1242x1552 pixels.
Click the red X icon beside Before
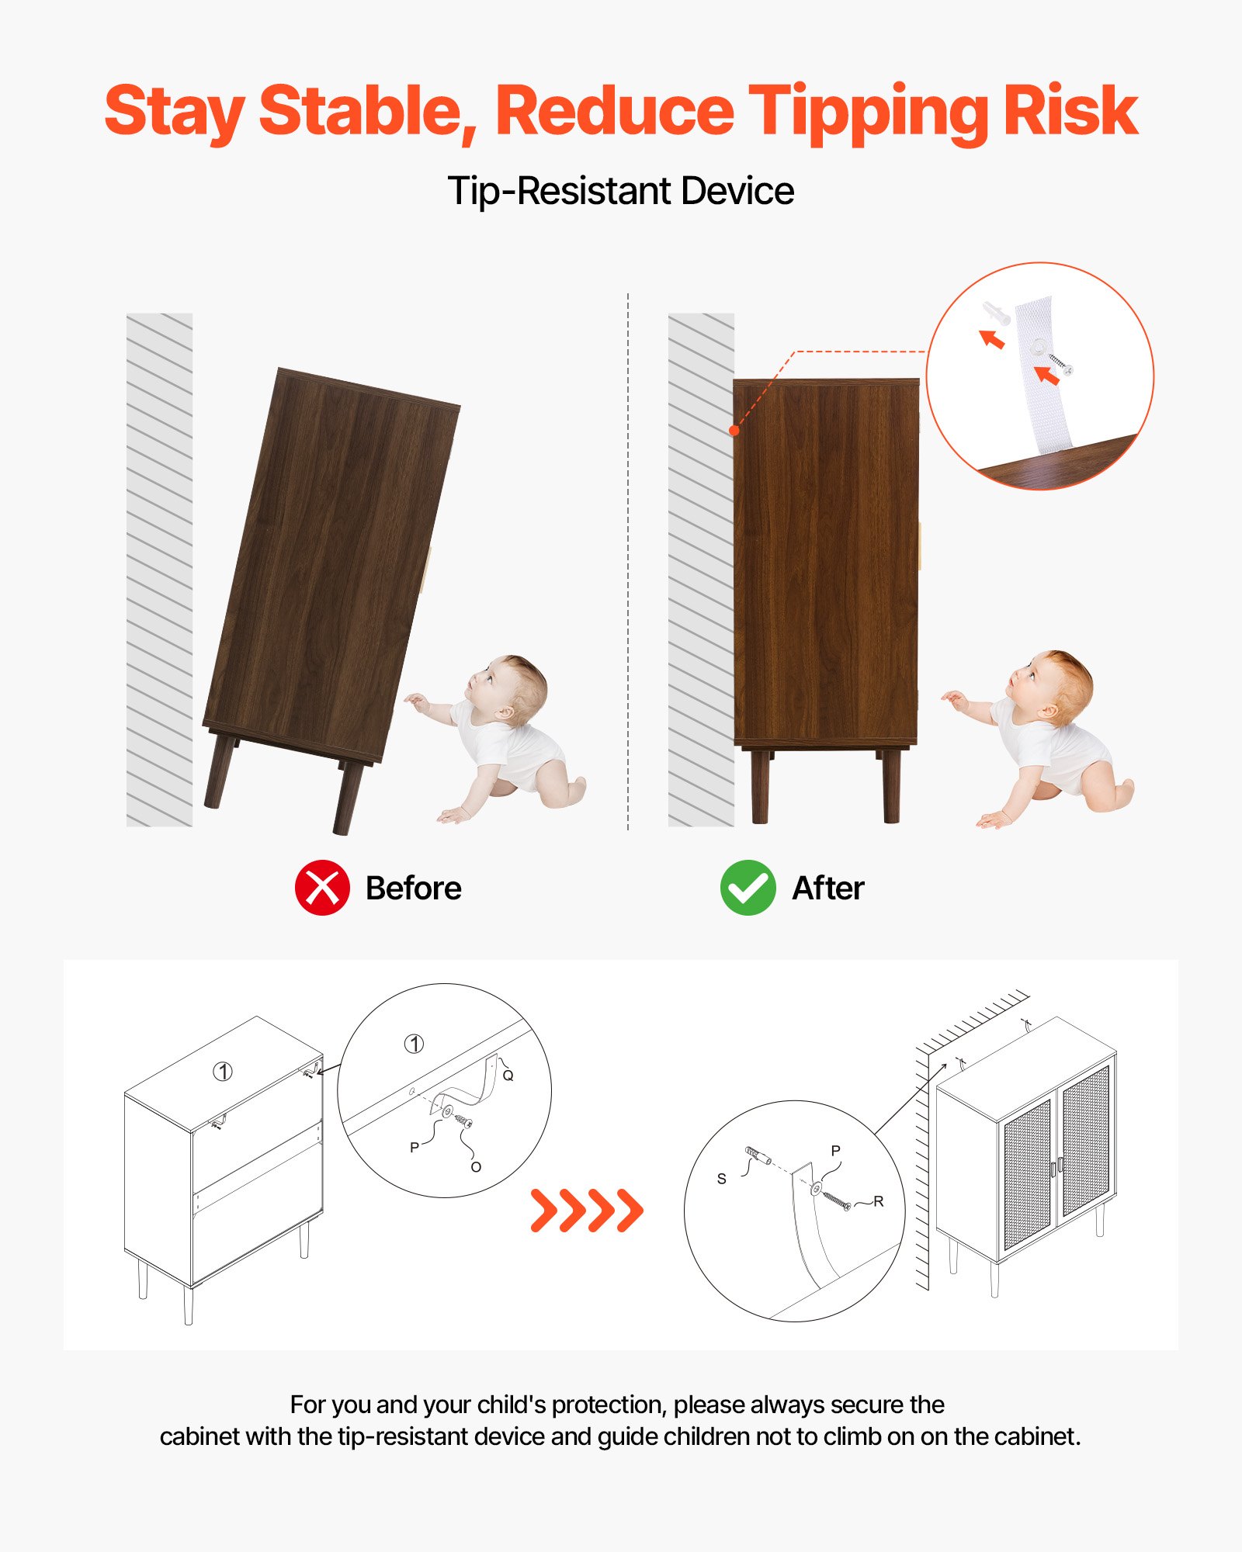pyautogui.click(x=322, y=888)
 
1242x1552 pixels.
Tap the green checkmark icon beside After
pyautogui.click(x=748, y=888)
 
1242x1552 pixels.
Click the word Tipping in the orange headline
pyautogui.click(x=867, y=113)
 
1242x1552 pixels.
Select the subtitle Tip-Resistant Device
pyautogui.click(x=621, y=191)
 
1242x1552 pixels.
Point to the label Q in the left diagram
pyautogui.click(x=508, y=1076)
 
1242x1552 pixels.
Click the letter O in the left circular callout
pyautogui.click(x=476, y=1167)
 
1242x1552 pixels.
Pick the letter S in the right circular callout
pyautogui.click(x=721, y=1179)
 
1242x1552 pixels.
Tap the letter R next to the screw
pyautogui.click(x=879, y=1201)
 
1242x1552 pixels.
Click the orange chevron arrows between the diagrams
pyautogui.click(x=587, y=1210)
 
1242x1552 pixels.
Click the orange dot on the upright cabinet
pyautogui.click(x=734, y=430)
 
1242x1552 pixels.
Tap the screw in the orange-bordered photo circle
pyautogui.click(x=1060, y=364)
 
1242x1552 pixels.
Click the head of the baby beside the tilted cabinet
pyautogui.click(x=508, y=687)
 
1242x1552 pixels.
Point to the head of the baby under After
pyautogui.click(x=1052, y=683)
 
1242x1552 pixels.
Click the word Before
pyautogui.click(x=414, y=889)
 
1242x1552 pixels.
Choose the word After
pyautogui.click(x=828, y=889)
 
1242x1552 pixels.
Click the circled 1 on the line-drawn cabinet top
pyautogui.click(x=223, y=1072)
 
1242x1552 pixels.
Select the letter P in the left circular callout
pyautogui.click(x=415, y=1147)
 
